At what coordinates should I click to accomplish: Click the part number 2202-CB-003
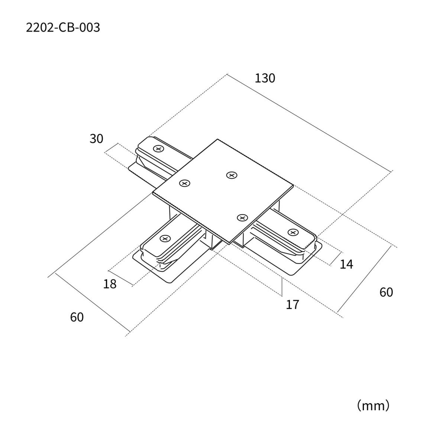coord(63,28)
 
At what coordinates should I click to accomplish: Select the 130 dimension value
coord(265,78)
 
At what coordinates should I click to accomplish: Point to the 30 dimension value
coord(96,139)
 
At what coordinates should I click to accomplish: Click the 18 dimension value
coord(110,284)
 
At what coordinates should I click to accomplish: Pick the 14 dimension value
coord(346,264)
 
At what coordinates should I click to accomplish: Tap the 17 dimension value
coord(293,305)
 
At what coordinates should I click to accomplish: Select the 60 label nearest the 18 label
coord(77,317)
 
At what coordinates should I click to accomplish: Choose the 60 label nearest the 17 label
coord(386,293)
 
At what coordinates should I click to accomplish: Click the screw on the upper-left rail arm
coord(159,149)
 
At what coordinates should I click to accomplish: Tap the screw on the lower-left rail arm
coord(165,238)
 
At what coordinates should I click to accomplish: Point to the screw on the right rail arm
coord(293,232)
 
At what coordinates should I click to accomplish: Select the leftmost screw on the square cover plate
coord(185,183)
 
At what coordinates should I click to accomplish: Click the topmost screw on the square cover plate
coord(232,175)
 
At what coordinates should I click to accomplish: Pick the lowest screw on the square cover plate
coord(242,217)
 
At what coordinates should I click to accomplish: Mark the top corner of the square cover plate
coord(217,139)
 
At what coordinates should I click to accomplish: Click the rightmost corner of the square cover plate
coord(294,185)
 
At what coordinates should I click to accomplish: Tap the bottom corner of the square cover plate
coord(229,244)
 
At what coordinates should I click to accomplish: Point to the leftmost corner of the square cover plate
coord(153,193)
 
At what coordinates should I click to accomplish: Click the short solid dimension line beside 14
coord(336,258)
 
